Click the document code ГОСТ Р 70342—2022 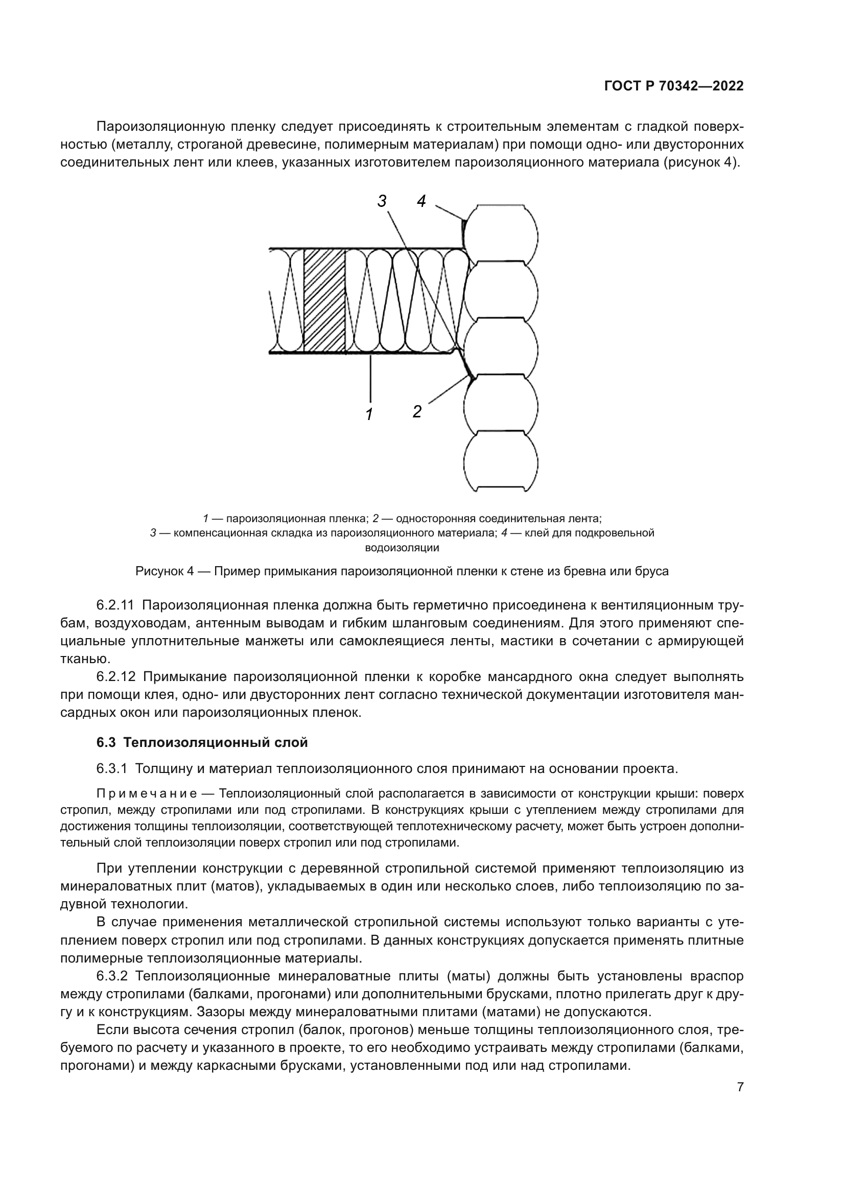pos(674,86)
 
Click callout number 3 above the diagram pos(382,201)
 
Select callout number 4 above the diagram pos(421,201)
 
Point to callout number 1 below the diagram pos(369,414)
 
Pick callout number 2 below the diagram pos(417,411)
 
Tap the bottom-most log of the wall pos(501,461)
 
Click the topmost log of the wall pos(501,232)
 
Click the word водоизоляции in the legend pos(402,548)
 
